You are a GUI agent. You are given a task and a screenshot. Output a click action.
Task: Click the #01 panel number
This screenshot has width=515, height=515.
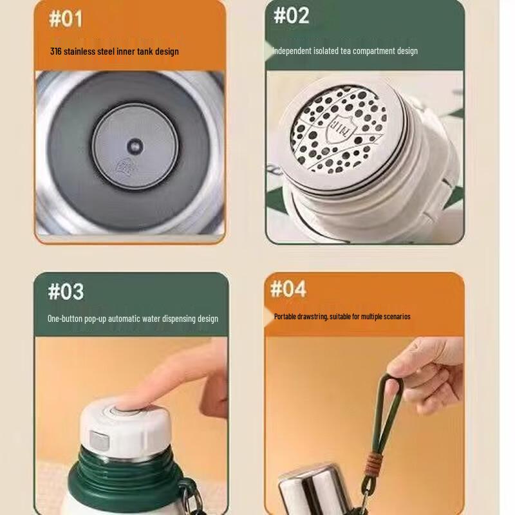tap(66, 19)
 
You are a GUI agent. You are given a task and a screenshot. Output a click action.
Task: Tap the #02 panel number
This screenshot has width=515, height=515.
tap(292, 15)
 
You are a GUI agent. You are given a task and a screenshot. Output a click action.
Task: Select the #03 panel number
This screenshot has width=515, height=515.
tap(66, 292)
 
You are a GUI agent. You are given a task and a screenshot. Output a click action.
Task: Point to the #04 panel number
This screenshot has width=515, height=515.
tap(288, 288)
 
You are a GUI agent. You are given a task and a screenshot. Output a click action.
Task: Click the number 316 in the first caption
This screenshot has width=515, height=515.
tap(55, 51)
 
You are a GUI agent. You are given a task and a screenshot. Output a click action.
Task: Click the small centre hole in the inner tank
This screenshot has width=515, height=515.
tap(135, 146)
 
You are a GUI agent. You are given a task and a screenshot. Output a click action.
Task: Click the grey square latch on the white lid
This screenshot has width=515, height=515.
tap(99, 440)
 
